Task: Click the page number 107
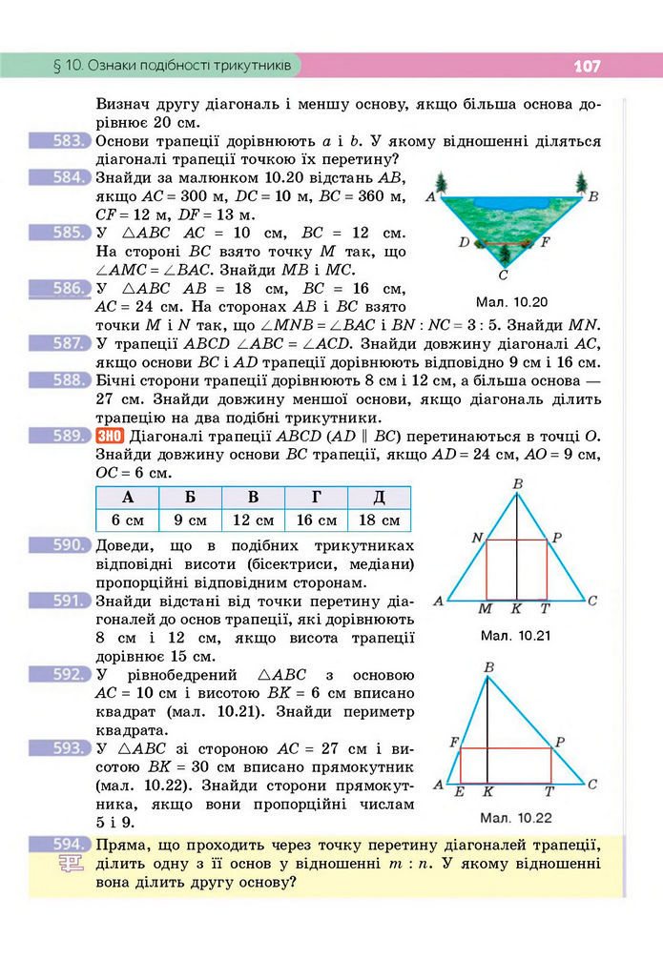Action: click(x=586, y=67)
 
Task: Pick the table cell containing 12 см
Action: click(x=253, y=520)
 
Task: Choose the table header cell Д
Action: click(x=379, y=498)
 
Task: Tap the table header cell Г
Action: click(x=316, y=498)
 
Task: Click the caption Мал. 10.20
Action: click(x=515, y=298)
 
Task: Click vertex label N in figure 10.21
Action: click(x=477, y=538)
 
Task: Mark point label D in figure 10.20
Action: click(x=463, y=242)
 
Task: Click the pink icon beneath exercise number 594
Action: click(x=70, y=865)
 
